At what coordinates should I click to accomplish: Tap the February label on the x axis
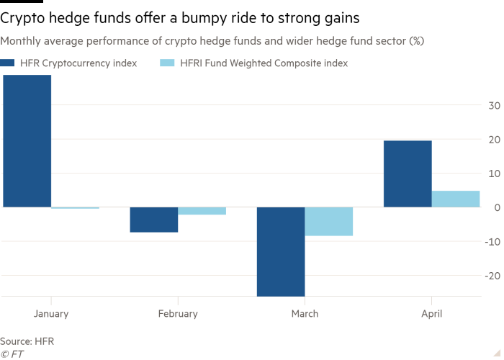(177, 314)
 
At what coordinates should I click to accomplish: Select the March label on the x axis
(305, 314)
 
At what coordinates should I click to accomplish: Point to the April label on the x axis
(431, 314)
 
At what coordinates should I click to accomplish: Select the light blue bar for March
(329, 222)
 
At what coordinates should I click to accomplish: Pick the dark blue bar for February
(153, 224)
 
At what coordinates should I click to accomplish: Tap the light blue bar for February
(202, 224)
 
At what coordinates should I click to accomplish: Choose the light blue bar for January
(75, 224)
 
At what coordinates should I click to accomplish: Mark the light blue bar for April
(456, 199)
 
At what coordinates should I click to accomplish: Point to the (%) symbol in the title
(416, 41)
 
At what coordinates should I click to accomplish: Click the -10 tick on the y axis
(494, 242)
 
